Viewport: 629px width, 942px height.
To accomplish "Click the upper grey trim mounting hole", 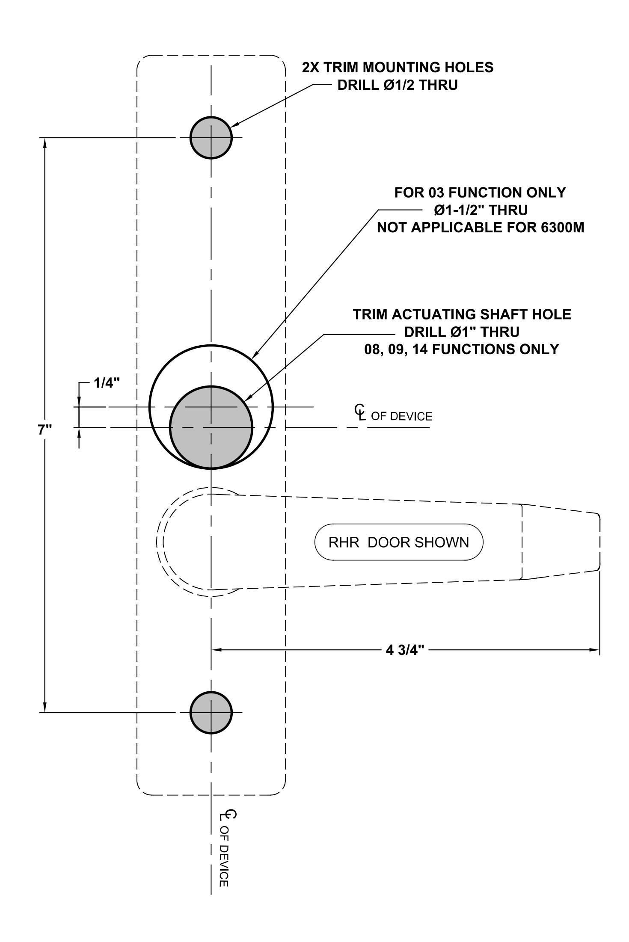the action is coord(211,138).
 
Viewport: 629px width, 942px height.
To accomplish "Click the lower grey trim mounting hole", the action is coord(211,713).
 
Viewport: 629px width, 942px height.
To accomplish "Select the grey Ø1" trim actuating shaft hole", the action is coord(211,427).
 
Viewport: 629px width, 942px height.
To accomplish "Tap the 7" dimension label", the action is coord(44,430).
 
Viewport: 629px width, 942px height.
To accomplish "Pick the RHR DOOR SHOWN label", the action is coord(399,542).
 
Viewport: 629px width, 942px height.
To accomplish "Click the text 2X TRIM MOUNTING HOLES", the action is coord(398,67).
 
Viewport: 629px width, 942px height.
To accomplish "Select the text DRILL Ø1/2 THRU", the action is coord(398,85).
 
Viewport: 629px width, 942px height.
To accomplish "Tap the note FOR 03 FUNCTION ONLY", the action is coord(480,193).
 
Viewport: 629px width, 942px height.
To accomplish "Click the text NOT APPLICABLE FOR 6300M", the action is coord(481,228).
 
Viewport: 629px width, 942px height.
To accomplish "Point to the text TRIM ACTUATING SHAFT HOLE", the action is coord(462,314).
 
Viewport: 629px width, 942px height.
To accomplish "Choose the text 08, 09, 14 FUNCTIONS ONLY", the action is coord(462,350).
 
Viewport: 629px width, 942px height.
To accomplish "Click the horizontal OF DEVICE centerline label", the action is coord(402,416).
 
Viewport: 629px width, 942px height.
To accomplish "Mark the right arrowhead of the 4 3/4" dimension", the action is coord(594,650).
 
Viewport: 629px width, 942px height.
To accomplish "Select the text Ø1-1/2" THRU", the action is coord(481,210).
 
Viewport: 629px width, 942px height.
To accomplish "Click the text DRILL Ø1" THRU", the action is coord(462,332).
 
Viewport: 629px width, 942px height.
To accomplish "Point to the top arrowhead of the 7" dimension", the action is coord(45,143).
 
